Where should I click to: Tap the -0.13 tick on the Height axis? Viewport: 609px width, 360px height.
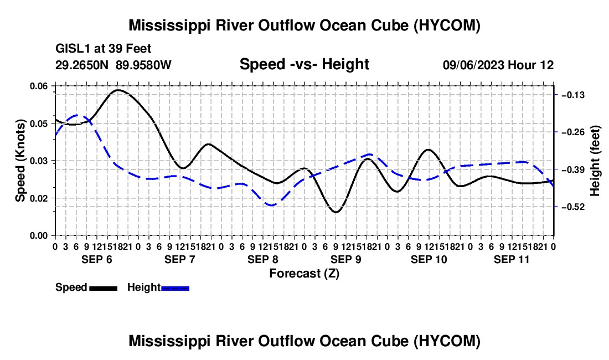(573, 95)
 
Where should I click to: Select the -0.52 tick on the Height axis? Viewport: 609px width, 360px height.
(573, 207)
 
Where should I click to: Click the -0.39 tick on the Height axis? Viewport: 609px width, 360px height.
(573, 169)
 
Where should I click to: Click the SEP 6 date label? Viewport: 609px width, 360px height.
(97, 259)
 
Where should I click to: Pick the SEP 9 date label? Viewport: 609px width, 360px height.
(345, 259)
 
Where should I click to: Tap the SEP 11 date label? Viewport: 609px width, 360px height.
(512, 259)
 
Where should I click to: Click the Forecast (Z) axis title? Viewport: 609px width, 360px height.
(304, 274)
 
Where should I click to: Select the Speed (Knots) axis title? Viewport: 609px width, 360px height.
(20, 161)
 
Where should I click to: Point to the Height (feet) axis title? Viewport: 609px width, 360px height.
(595, 161)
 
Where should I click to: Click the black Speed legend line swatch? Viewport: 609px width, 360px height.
(104, 288)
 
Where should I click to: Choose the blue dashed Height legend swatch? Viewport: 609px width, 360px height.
(175, 288)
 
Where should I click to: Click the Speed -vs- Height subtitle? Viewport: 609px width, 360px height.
(304, 64)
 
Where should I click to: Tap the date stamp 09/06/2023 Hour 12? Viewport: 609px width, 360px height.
(498, 65)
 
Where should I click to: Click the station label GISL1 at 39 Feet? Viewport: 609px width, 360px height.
(104, 49)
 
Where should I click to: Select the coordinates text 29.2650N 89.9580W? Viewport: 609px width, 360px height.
(113, 65)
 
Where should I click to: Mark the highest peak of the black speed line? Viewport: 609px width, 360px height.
(118, 90)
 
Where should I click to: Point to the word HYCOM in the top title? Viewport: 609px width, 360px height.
(447, 25)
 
